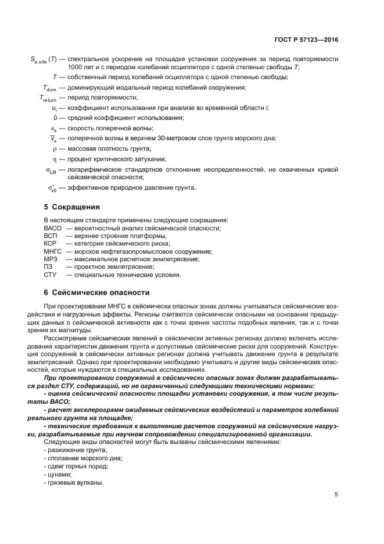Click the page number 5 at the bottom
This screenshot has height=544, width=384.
tap(336, 495)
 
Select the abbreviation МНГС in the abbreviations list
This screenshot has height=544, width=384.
tap(52, 251)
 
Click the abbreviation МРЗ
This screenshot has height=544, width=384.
tap(50, 259)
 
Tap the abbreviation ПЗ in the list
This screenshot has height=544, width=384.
tap(48, 266)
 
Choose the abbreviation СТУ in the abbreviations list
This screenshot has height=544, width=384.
tap(50, 275)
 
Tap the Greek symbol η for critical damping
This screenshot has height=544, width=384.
tap(54, 159)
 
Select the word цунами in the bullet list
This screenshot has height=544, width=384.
tap(60, 474)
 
